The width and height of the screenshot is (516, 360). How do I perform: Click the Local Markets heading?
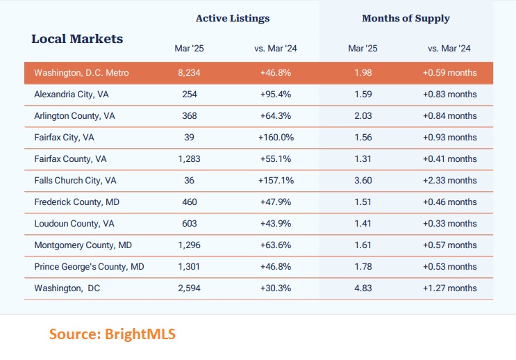(x=77, y=39)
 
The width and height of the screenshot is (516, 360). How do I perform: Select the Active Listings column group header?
(x=233, y=18)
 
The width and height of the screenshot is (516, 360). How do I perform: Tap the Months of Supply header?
(x=406, y=18)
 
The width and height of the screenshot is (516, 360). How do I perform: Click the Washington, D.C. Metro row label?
(x=81, y=73)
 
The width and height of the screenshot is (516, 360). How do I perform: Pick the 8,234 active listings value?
(x=189, y=73)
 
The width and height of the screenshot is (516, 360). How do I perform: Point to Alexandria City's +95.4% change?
(x=276, y=94)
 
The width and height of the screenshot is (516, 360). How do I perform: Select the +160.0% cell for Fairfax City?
(x=276, y=137)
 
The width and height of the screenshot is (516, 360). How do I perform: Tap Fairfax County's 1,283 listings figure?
(x=189, y=158)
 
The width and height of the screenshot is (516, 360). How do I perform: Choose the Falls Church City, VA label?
(x=75, y=180)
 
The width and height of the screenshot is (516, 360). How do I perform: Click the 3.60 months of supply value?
(x=364, y=180)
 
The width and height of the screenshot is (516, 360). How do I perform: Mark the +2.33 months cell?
(x=449, y=180)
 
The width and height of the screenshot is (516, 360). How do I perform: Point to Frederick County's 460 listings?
(x=189, y=202)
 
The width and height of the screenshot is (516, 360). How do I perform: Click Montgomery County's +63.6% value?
(x=276, y=245)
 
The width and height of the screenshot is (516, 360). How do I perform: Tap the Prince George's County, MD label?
(x=89, y=266)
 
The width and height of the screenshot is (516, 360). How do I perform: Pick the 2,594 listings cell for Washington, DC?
(x=189, y=288)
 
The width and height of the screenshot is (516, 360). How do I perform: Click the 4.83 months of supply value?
(x=364, y=288)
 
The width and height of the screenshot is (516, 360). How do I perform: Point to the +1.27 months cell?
(x=449, y=288)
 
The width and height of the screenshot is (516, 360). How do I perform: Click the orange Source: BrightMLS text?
(x=112, y=334)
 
